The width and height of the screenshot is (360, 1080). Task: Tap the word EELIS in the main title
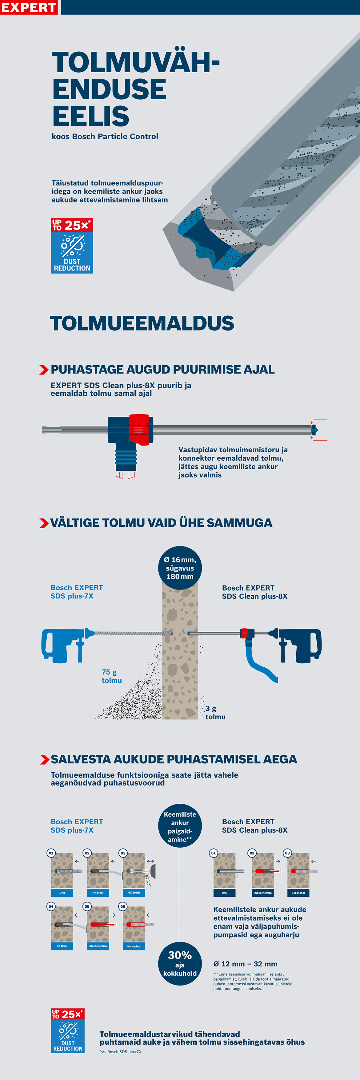tap(90, 116)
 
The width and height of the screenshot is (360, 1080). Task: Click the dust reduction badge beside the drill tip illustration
tap(72, 246)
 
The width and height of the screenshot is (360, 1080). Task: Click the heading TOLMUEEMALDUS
tap(142, 323)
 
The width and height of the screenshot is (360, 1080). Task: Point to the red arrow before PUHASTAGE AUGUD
tap(44, 370)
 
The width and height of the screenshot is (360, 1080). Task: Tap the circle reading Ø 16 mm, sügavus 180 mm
tap(180, 568)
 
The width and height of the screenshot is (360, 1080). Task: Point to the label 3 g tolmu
tap(215, 713)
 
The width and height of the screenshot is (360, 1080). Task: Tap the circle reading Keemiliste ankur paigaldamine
tap(180, 826)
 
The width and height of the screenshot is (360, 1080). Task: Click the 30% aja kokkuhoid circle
tap(180, 963)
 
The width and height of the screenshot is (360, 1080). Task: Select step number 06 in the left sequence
tap(123, 906)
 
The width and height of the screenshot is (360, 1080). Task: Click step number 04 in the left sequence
tap(51, 906)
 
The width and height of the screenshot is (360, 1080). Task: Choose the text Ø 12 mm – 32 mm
tap(245, 964)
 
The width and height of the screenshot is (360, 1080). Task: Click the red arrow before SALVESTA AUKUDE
tap(44, 760)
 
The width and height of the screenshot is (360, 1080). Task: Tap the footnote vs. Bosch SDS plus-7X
tap(120, 1051)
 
